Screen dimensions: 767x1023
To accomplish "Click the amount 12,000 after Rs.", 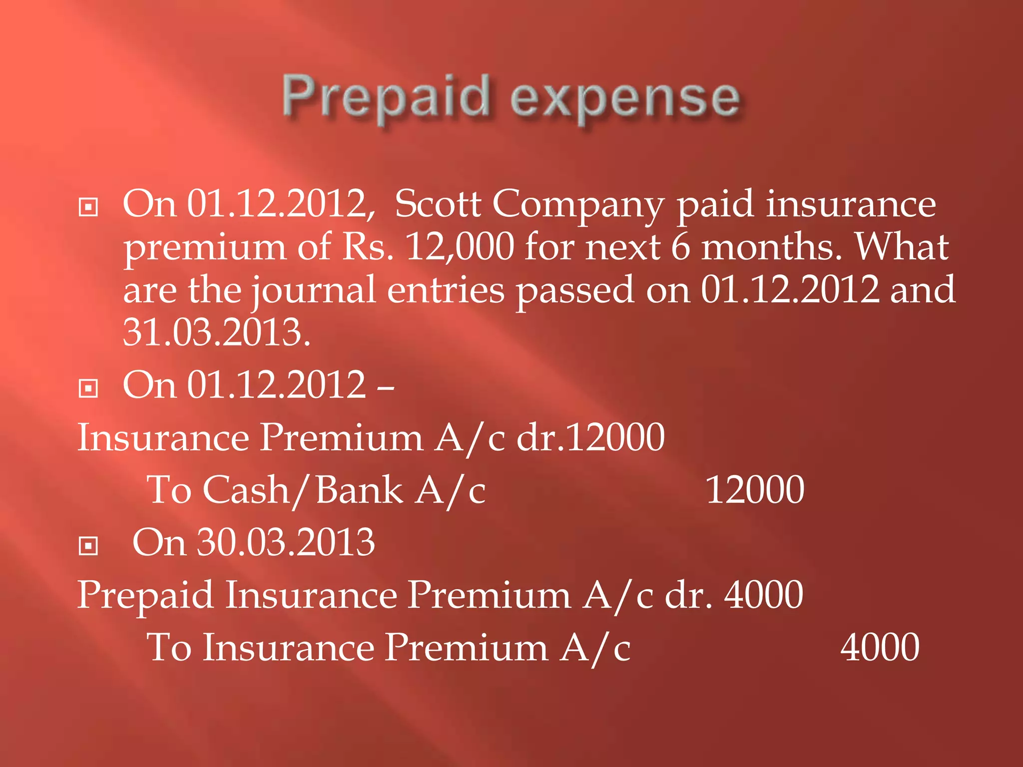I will tap(459, 247).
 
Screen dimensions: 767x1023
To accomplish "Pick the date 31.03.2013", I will tap(216, 332).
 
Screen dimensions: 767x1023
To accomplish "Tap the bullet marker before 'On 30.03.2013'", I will tap(88, 546).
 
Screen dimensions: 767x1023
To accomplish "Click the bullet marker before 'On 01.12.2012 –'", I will tap(88, 388).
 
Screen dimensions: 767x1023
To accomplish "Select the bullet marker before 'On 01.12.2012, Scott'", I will tap(88, 207).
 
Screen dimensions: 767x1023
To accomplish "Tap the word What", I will tap(902, 247).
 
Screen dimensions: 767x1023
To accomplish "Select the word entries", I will tap(446, 291).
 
